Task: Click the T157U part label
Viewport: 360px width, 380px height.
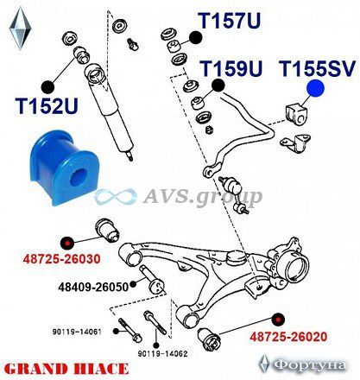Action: (x=230, y=20)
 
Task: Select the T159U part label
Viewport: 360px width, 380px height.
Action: (x=231, y=68)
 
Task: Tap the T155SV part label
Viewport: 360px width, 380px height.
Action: (x=317, y=69)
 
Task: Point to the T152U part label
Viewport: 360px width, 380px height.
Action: (x=47, y=105)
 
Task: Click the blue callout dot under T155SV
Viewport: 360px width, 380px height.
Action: (x=315, y=88)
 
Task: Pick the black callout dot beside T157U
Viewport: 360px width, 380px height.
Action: (x=196, y=38)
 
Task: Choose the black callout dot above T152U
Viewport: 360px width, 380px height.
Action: (x=47, y=87)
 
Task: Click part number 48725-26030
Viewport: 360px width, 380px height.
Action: (x=61, y=259)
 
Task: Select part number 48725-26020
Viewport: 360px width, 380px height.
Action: (x=288, y=337)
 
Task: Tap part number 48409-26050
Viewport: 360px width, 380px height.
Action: (x=93, y=287)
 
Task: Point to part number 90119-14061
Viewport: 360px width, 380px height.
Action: (x=77, y=332)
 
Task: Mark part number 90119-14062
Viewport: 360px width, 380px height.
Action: (x=162, y=353)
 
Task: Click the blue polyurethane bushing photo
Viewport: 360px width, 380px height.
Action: (x=62, y=168)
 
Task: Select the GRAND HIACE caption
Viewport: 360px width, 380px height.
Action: (x=66, y=370)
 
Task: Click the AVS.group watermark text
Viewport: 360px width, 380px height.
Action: (x=202, y=197)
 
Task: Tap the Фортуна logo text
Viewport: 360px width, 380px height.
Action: (x=310, y=365)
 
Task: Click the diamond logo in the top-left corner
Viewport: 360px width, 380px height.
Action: (x=20, y=28)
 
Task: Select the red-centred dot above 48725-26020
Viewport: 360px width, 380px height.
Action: (x=278, y=320)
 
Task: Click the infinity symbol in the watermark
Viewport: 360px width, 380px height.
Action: (x=116, y=197)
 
